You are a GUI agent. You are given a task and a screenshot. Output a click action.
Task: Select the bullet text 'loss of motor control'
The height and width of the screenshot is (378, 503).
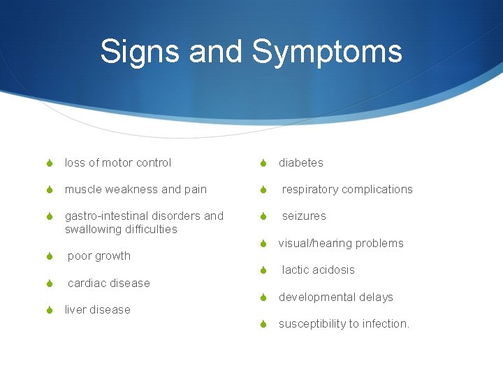[117, 163]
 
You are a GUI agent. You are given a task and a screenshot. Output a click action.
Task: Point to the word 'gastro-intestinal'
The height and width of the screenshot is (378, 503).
[107, 216]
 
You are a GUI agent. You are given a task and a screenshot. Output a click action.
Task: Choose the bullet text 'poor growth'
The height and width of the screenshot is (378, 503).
[99, 256]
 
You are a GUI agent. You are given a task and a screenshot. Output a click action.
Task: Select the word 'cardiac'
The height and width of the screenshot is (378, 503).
[87, 283]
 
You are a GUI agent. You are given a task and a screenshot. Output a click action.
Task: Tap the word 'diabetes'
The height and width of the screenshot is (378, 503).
[301, 163]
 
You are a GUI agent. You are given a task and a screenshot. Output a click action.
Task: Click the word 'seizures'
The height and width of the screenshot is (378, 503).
[304, 216]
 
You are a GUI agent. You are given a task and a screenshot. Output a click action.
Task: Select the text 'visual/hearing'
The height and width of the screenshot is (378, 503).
[316, 244]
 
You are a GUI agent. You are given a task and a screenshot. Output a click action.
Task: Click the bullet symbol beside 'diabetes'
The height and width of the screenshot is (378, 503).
[263, 163]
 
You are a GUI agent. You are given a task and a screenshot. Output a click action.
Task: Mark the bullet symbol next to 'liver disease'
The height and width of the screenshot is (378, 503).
[50, 310]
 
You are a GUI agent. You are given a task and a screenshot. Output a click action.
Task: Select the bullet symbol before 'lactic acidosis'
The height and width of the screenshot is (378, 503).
[263, 270]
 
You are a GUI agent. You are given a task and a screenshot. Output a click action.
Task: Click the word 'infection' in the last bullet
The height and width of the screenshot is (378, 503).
[384, 324]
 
